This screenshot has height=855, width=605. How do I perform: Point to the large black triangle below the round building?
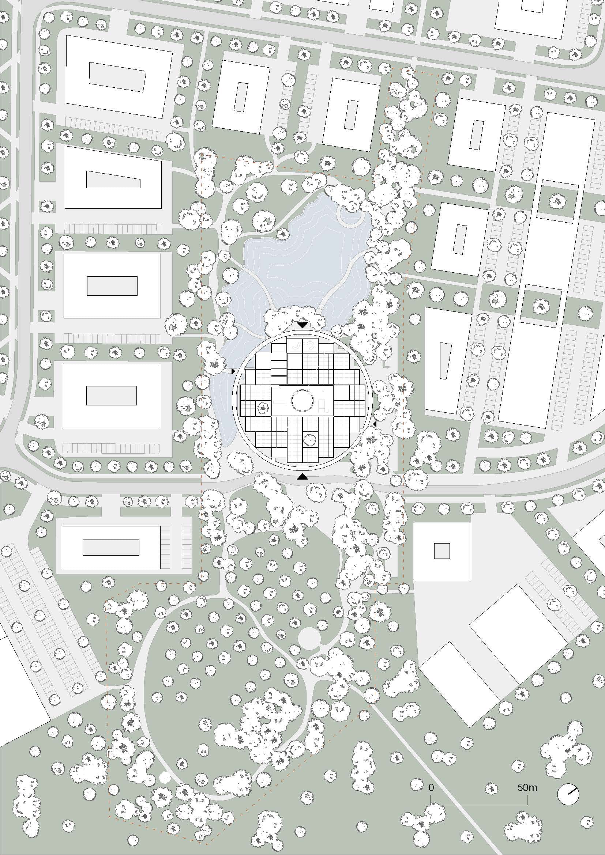click(303, 476)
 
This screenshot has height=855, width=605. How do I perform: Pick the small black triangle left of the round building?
click(233, 371)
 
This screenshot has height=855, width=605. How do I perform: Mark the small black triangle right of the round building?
click(375, 424)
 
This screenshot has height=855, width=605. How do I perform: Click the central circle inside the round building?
click(302, 400)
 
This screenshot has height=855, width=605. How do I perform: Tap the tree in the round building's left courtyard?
click(263, 408)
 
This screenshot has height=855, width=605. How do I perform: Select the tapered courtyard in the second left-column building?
click(113, 180)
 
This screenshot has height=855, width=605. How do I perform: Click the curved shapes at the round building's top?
click(302, 345)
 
